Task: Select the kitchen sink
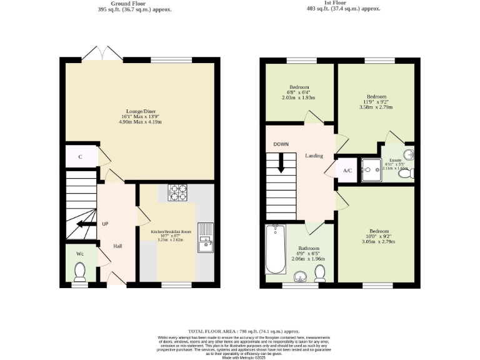point(205,238)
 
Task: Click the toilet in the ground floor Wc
point(80,271)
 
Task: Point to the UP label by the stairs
point(105,224)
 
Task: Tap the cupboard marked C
point(81,157)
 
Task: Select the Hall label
point(117,246)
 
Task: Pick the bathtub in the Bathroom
point(275,250)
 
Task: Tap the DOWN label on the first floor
point(281,144)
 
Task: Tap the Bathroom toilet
point(320,272)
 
